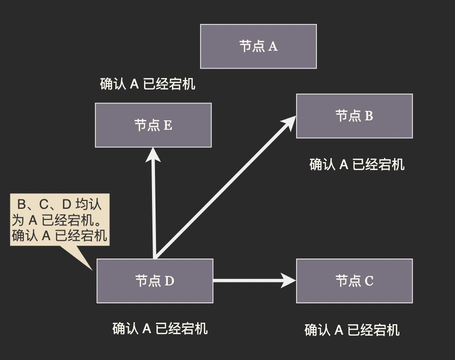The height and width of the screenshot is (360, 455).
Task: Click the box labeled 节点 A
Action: pos(258,46)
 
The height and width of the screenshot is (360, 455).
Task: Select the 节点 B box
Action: pos(354,116)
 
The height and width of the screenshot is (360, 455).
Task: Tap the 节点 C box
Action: pos(354,281)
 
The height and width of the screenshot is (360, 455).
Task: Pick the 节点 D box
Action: pos(154,281)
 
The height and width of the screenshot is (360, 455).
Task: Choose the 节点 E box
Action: pos(153,125)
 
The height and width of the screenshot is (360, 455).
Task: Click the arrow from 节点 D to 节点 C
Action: pos(248,280)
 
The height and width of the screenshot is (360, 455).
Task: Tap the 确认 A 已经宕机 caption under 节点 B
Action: pos(357,165)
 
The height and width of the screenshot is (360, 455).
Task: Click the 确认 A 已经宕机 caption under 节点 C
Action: pos(352,330)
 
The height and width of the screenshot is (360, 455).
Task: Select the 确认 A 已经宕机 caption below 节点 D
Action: pos(160,328)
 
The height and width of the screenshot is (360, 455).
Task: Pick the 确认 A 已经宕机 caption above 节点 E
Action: pos(148,84)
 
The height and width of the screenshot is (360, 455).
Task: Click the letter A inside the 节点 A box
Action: pos(273,47)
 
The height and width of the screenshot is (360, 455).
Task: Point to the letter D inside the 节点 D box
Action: pos(169,281)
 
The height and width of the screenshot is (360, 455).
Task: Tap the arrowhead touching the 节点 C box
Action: pos(289,280)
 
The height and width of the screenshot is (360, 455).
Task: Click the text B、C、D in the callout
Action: pos(45,204)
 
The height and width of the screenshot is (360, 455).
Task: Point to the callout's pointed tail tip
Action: pos(92,269)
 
